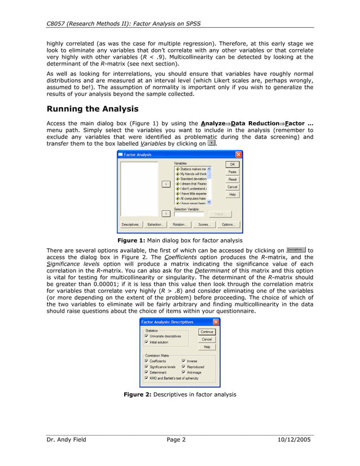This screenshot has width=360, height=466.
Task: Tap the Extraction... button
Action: [155, 225]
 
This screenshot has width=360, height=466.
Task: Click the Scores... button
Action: [204, 225]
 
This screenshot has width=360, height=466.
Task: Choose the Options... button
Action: [228, 225]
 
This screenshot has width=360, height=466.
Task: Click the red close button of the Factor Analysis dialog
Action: [238, 154]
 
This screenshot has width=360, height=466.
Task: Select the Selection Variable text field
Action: [189, 214]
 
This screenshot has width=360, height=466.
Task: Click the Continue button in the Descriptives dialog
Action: [207, 332]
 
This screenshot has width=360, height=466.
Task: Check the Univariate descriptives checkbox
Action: [147, 336]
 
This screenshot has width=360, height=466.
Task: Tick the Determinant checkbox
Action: [147, 372]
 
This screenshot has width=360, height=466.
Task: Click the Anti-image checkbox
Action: [183, 372]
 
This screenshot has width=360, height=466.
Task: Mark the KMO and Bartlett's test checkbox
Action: [147, 378]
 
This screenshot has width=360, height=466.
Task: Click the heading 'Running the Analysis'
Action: [92, 109]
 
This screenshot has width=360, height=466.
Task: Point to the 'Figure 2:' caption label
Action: [137, 394]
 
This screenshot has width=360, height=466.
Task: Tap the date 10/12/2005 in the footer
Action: [295, 439]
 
